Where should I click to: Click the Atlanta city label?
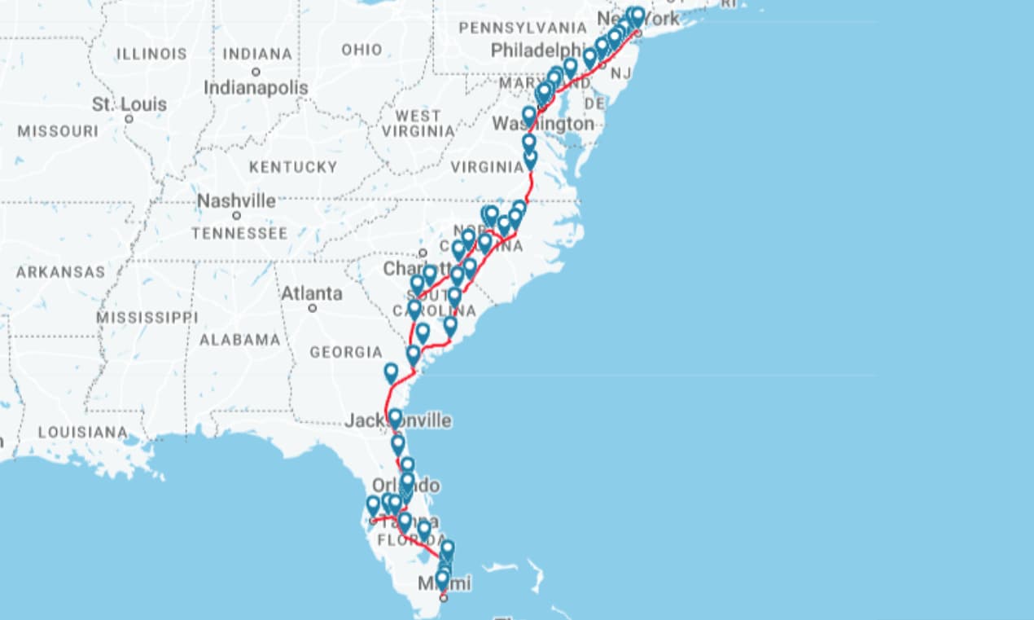[311, 292]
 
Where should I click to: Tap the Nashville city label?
[236, 200]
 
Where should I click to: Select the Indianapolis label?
[256, 87]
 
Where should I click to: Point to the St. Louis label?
[129, 104]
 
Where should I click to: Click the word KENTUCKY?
[292, 167]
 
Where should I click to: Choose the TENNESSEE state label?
[239, 234]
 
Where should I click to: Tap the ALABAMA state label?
[240, 340]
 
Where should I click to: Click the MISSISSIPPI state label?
[147, 317]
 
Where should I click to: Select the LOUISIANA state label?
[82, 432]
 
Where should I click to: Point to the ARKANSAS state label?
[60, 272]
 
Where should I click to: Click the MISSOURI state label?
[58, 131]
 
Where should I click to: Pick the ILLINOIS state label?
[151, 54]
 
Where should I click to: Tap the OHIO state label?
[361, 50]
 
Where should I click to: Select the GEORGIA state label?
[345, 352]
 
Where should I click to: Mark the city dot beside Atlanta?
[312, 308]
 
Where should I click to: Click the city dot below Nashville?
[236, 216]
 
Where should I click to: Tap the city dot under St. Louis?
[129, 119]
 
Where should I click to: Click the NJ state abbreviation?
[621, 74]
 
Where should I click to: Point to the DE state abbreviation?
[595, 103]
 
